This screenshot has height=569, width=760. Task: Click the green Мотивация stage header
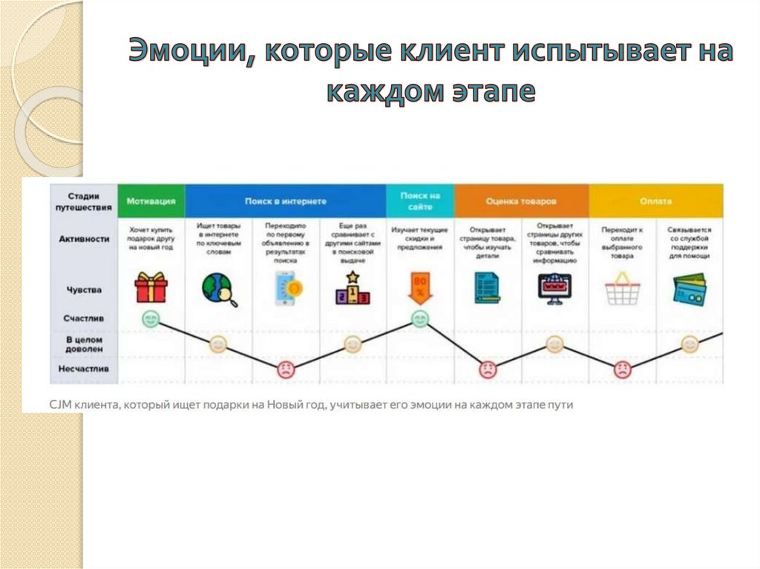point(151,201)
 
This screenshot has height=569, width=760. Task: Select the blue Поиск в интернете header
point(285,201)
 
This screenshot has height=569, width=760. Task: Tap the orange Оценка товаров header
point(521,201)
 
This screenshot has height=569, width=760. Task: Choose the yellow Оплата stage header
point(656,201)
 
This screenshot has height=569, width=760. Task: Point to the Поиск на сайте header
point(420,201)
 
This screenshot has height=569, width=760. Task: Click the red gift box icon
point(151,288)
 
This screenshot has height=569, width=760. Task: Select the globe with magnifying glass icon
point(218,289)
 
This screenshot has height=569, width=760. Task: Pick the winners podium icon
point(353,289)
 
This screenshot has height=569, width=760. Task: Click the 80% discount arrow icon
point(420,289)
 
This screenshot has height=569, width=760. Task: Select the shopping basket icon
point(622,289)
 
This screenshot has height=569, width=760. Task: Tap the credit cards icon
point(689,289)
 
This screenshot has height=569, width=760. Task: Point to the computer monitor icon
point(554,289)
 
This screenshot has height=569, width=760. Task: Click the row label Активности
point(84,239)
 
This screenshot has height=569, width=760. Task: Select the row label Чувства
point(84,289)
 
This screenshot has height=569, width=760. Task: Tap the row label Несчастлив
point(84,367)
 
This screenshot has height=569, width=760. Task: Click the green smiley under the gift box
point(151,320)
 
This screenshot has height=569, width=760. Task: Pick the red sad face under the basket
point(622,369)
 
